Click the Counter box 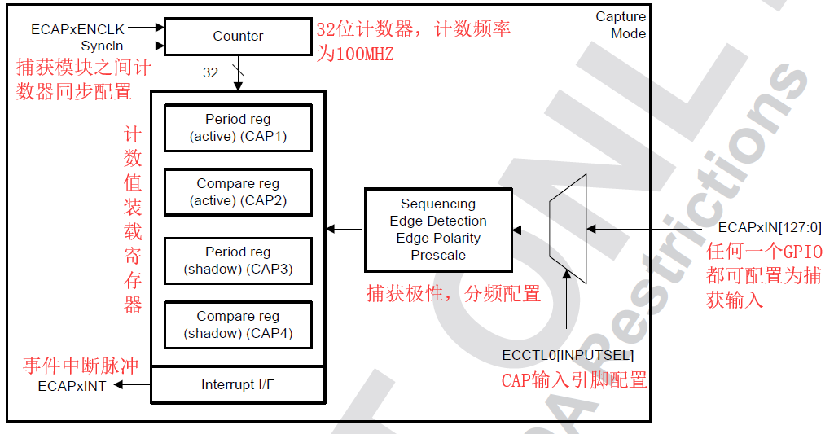click(x=238, y=36)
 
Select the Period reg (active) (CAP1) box click(x=238, y=128)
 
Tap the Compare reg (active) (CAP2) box click(x=238, y=192)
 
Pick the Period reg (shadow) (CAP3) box click(x=238, y=261)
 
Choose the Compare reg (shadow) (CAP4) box click(x=238, y=325)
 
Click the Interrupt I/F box click(x=238, y=384)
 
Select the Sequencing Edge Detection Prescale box click(x=438, y=230)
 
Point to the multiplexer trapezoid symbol click(x=568, y=229)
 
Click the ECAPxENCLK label click(x=77, y=29)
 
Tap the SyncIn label click(x=102, y=46)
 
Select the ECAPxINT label click(x=72, y=386)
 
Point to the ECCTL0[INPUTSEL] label click(x=568, y=355)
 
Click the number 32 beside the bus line click(x=210, y=72)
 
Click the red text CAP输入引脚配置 click(x=573, y=379)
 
